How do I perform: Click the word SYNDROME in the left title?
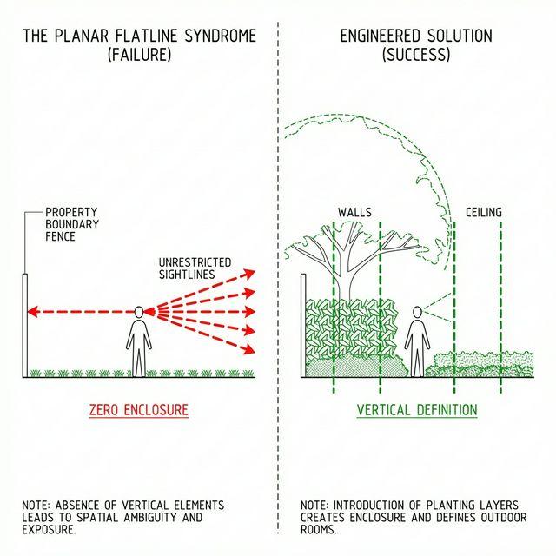point(217,36)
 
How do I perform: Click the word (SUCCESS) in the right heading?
point(415,54)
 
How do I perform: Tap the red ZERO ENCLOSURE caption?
point(138,409)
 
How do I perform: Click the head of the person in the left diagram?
point(139,311)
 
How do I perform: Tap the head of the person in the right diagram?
point(418,312)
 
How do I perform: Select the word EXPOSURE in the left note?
point(50,529)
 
